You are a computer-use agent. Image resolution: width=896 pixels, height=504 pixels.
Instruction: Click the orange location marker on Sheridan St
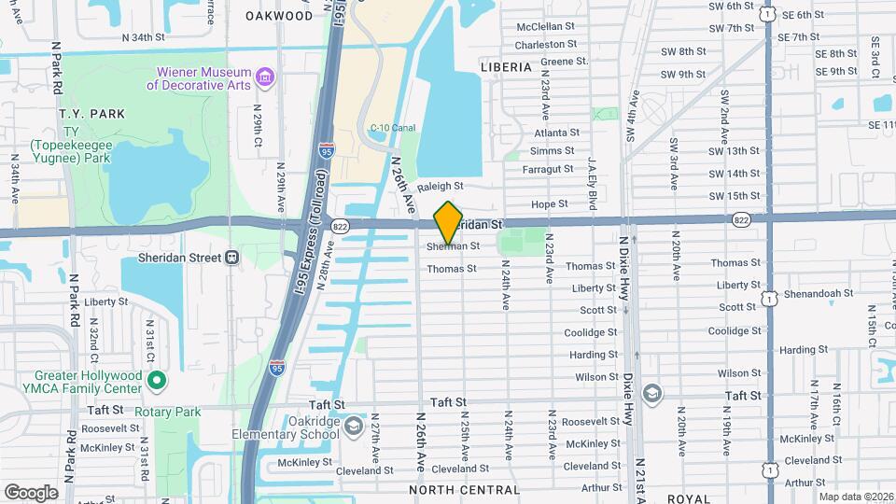(449, 223)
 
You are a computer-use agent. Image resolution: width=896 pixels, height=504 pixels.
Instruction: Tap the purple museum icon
(265, 75)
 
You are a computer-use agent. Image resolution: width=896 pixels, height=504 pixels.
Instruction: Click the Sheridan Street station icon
(232, 257)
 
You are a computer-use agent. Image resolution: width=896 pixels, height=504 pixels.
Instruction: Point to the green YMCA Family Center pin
(157, 380)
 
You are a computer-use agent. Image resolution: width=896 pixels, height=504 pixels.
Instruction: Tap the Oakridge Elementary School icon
(353, 427)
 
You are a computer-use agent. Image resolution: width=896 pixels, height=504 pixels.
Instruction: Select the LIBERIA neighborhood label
(505, 68)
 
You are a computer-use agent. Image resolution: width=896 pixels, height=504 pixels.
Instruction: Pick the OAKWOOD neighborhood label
(279, 16)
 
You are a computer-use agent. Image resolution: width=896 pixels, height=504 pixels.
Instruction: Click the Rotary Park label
(168, 412)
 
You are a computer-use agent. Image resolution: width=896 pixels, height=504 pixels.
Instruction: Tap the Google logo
(31, 493)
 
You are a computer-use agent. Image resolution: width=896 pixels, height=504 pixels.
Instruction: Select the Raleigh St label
(441, 187)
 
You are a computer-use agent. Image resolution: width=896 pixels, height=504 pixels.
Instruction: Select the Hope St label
(549, 203)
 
